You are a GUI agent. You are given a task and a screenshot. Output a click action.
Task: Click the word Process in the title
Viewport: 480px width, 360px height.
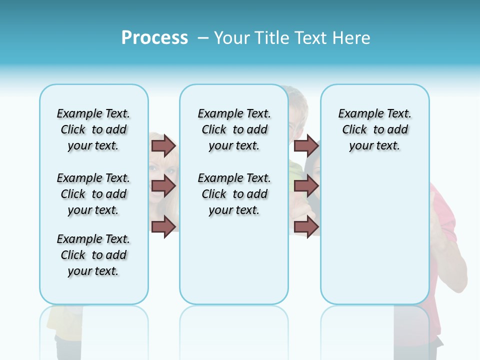[x=154, y=38]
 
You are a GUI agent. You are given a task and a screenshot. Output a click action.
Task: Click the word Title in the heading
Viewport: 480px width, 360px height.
[x=272, y=38]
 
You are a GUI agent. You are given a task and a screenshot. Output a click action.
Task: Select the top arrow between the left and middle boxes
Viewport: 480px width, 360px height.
[x=163, y=146]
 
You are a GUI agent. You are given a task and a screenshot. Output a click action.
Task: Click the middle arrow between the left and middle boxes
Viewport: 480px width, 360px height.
[x=163, y=186]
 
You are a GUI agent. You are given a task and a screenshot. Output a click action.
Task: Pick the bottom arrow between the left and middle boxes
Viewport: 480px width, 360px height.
[x=163, y=226]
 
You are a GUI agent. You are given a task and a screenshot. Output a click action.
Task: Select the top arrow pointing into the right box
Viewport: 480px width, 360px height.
[x=306, y=146]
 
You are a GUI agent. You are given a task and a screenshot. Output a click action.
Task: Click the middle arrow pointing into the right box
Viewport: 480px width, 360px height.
[x=306, y=186]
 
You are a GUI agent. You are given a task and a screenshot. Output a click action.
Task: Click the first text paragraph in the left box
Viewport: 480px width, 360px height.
[x=93, y=129]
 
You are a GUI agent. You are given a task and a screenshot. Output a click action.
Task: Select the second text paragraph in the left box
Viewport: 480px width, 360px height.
[x=93, y=194]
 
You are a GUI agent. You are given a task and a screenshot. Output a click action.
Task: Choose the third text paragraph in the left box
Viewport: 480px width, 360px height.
[x=93, y=255]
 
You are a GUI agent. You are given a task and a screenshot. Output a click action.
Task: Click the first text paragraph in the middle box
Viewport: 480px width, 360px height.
[x=234, y=129]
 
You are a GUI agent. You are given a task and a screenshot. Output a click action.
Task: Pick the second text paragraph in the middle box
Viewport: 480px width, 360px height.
[x=234, y=194]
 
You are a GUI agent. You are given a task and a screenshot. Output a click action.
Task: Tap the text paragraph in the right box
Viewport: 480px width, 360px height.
[x=374, y=129]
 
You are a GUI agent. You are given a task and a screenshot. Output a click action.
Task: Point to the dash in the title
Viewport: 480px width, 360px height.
[x=203, y=38]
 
